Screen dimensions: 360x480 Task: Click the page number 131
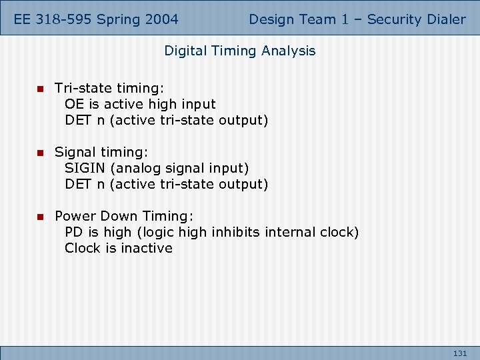point(460,353)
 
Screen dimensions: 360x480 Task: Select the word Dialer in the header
point(445,19)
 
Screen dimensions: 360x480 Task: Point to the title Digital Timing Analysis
point(240,51)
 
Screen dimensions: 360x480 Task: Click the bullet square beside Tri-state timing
point(39,88)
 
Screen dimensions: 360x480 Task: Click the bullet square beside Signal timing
point(39,152)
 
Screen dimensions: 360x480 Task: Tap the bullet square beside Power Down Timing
point(39,216)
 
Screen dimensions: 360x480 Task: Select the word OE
point(74,104)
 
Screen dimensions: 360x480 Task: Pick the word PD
point(73,232)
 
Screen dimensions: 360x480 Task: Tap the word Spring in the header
point(119,19)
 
